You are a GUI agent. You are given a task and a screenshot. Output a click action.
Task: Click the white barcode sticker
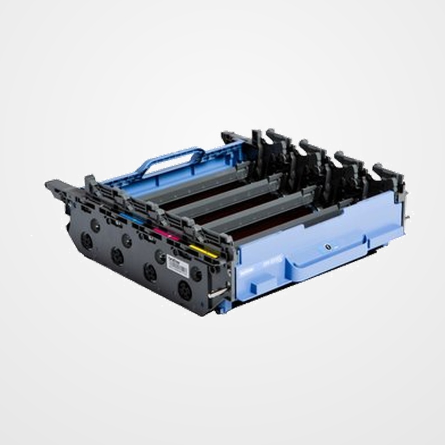[178, 266]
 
